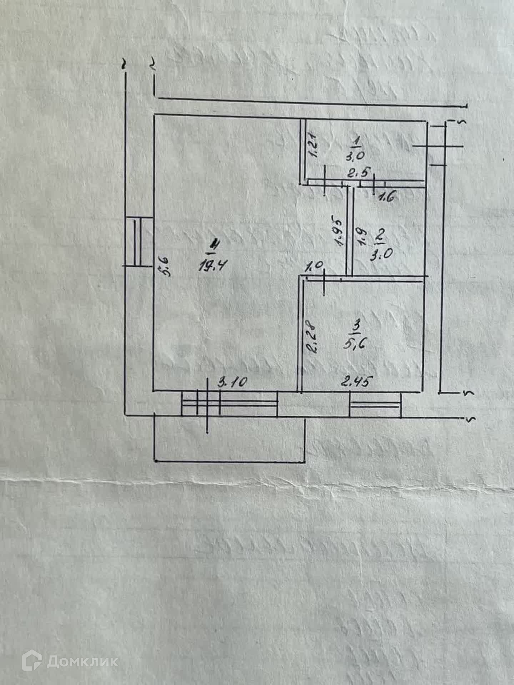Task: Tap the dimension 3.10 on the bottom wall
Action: pos(232,383)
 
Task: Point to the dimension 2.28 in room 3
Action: pos(311,338)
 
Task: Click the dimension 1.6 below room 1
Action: pos(384,197)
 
